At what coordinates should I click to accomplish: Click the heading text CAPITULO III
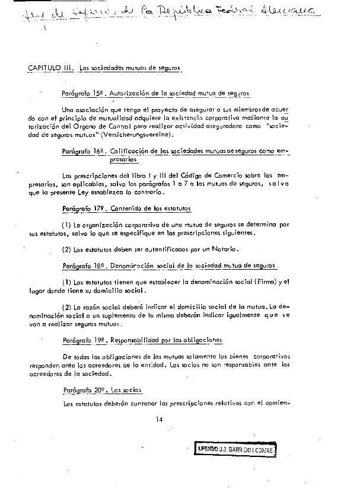(50, 68)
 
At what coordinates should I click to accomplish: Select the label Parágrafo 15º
(82, 94)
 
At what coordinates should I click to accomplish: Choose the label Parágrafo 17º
(82, 209)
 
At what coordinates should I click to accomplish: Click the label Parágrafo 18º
(82, 267)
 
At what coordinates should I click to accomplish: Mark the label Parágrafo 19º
(82, 341)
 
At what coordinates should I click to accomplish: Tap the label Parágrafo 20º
(82, 390)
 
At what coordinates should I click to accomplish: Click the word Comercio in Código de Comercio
(221, 176)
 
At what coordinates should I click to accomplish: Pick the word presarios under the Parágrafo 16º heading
(123, 160)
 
